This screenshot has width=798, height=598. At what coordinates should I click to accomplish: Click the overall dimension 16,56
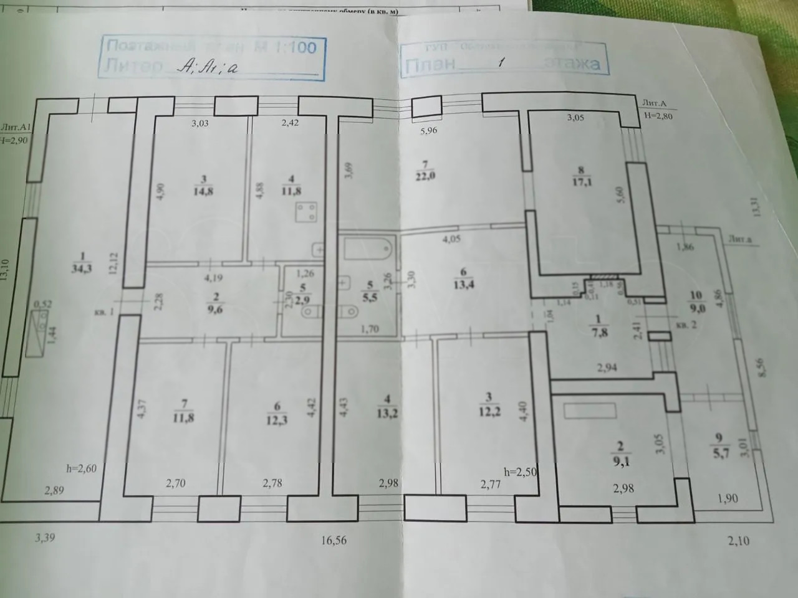coord(334,540)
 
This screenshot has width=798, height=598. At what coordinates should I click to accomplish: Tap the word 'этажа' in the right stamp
coord(574,63)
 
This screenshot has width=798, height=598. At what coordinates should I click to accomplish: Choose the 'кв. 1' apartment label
coord(103,312)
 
